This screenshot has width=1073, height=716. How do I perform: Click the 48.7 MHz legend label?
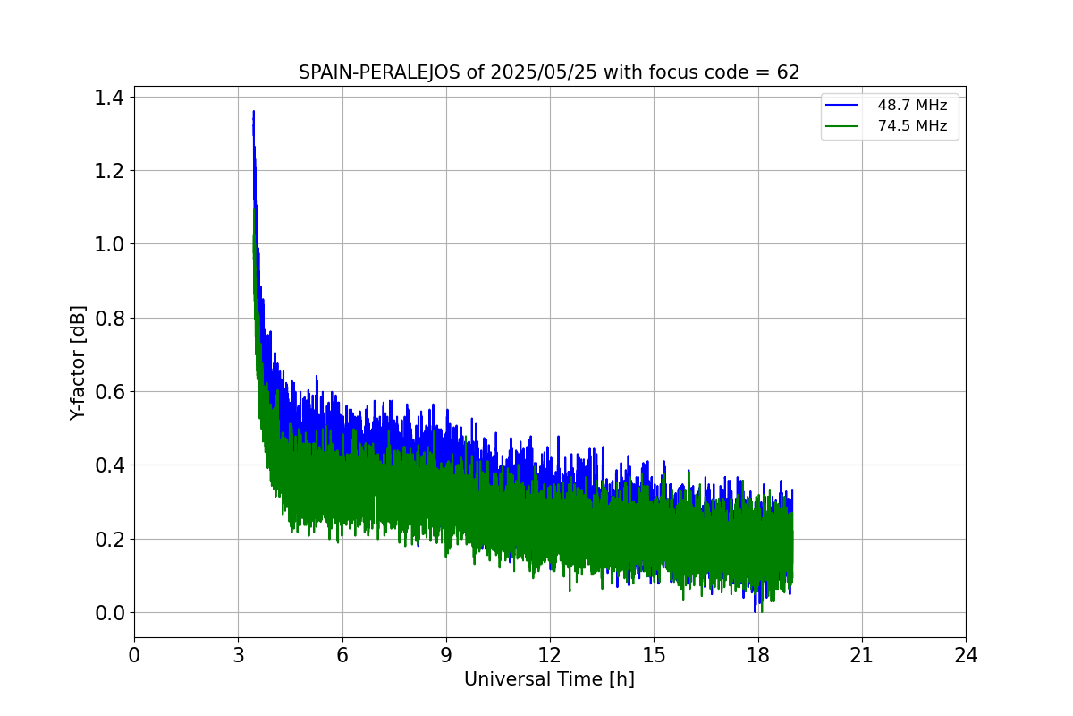tap(912, 105)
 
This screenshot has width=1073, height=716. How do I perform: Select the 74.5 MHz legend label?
tap(912, 126)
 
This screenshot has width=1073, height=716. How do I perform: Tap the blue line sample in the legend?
tap(841, 105)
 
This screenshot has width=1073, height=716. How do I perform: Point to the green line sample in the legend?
tap(841, 126)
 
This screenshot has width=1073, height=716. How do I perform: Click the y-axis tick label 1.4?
tap(110, 98)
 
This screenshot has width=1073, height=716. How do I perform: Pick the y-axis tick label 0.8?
tap(110, 319)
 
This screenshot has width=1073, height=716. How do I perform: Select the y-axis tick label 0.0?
tap(110, 613)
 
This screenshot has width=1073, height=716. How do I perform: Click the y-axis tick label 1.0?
tap(110, 244)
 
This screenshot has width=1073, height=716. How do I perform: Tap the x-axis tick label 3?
tap(238, 655)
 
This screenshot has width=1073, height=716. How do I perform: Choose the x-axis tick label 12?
tap(550, 655)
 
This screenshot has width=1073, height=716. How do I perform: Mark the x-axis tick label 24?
tap(966, 655)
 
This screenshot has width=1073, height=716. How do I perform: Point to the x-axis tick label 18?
tap(758, 655)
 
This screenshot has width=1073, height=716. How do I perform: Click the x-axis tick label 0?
tap(134, 655)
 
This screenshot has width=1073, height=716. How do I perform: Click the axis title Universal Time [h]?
tap(549, 679)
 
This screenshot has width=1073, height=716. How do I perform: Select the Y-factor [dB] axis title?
tap(79, 363)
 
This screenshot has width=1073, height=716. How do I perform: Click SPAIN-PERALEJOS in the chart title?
tap(380, 72)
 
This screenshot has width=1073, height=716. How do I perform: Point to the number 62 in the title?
tap(788, 72)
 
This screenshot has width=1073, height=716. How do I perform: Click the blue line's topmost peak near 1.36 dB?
tap(254, 112)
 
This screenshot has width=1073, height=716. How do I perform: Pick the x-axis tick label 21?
tap(862, 655)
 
